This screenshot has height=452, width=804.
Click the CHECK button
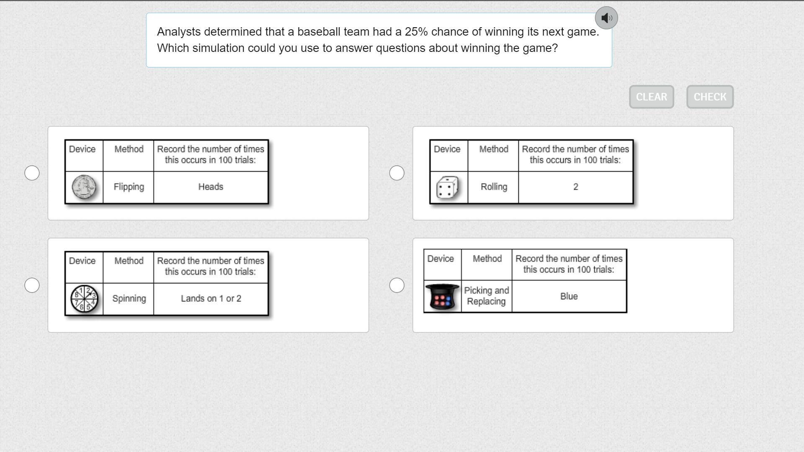pyautogui.click(x=710, y=97)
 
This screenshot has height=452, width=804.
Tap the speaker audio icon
pyautogui.click(x=606, y=18)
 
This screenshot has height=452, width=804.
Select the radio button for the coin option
pyautogui.click(x=32, y=173)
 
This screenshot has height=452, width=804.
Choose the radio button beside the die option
pyautogui.click(x=397, y=173)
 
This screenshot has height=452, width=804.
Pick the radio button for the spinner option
pyautogui.click(x=32, y=285)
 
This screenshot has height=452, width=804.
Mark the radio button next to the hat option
pyautogui.click(x=397, y=285)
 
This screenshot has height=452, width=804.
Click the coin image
pyautogui.click(x=84, y=187)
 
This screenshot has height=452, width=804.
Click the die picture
pyautogui.click(x=447, y=187)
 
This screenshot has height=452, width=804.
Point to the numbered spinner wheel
pyautogui.click(x=84, y=299)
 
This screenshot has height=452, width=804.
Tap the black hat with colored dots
pyautogui.click(x=442, y=297)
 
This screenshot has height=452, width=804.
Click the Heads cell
pyautogui.click(x=211, y=187)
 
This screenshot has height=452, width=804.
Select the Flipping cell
pyautogui.click(x=129, y=187)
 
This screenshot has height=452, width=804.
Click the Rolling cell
pyautogui.click(x=494, y=187)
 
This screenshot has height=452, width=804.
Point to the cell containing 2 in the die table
pyautogui.click(x=575, y=187)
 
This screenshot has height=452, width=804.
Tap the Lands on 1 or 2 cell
pyautogui.click(x=211, y=299)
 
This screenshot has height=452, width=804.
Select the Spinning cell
pyautogui.click(x=129, y=299)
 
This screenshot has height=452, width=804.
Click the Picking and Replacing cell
pyautogui.click(x=486, y=296)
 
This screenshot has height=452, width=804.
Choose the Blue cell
pyautogui.click(x=569, y=296)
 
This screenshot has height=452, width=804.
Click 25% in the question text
pyautogui.click(x=416, y=32)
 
